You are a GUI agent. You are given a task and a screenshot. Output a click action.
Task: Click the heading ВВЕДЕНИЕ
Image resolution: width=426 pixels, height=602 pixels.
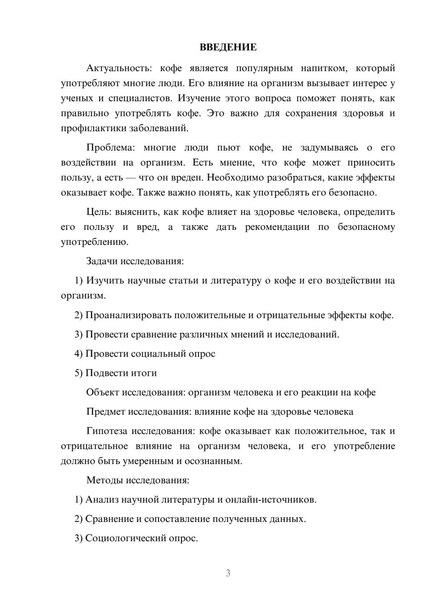coord(228,47)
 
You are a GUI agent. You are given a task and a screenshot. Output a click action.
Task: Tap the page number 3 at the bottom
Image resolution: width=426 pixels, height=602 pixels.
coord(228,573)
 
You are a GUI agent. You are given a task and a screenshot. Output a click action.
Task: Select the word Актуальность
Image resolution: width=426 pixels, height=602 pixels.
coord(118,68)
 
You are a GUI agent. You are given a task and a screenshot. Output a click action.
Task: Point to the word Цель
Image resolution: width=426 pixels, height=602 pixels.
coord(98,212)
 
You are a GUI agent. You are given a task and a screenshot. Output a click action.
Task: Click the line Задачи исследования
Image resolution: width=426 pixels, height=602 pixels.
coord(135,261)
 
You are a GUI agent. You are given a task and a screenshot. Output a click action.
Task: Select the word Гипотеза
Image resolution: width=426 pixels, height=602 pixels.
coord(106,431)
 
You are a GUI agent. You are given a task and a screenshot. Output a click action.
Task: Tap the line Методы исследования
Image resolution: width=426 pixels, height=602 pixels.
coord(138,480)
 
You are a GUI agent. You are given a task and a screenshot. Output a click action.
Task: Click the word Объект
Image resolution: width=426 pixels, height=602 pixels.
coord(102,393)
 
